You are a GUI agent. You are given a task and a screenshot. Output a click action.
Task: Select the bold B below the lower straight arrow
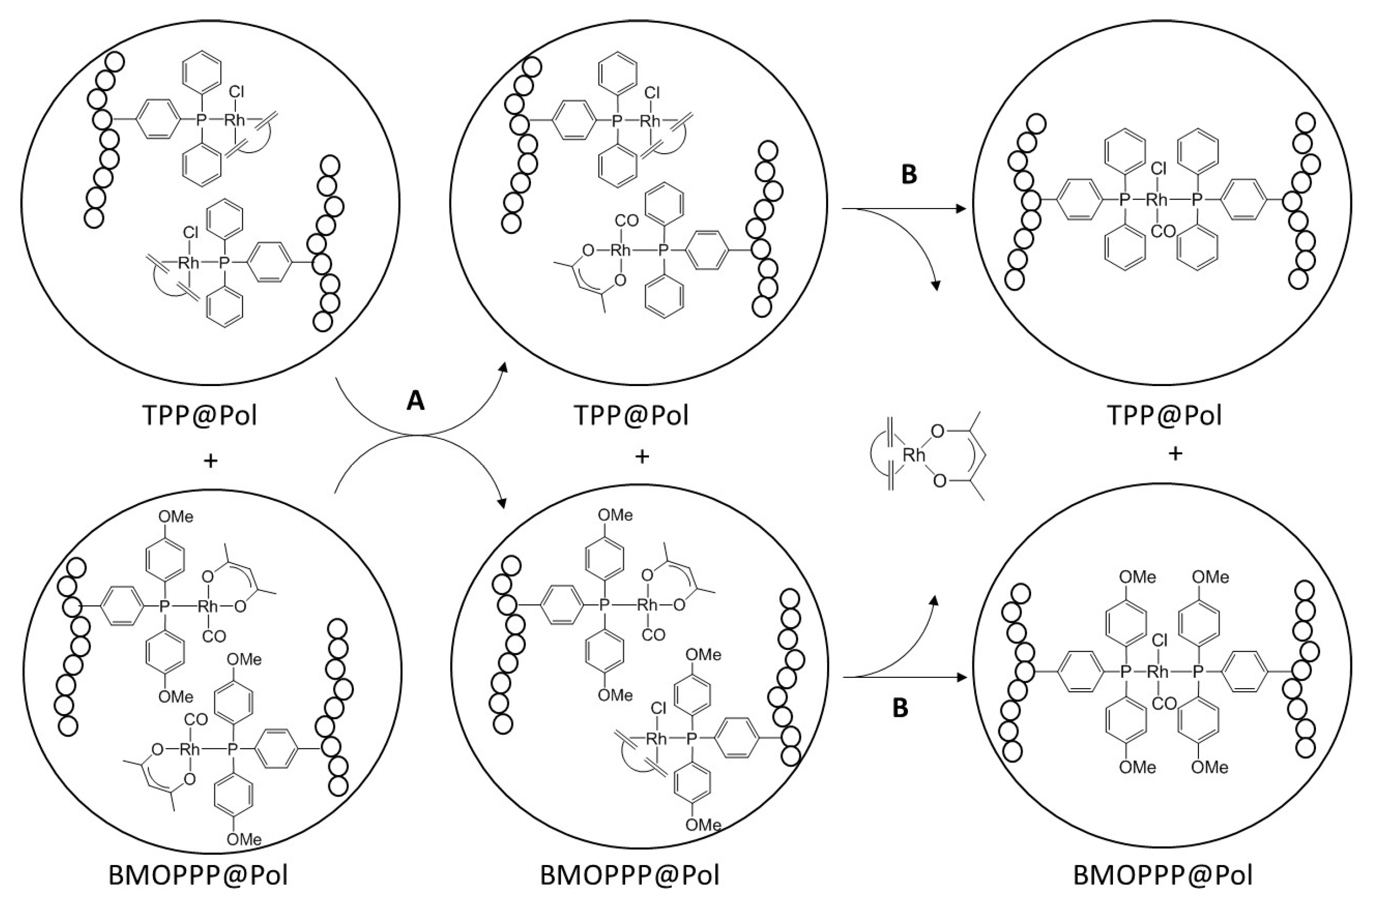coord(900,708)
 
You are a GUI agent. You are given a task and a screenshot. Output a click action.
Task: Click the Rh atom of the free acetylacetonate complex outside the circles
coord(914,455)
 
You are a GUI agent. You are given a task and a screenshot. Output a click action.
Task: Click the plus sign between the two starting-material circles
coord(212,460)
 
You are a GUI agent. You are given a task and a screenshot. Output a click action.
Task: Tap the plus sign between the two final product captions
coord(1175,454)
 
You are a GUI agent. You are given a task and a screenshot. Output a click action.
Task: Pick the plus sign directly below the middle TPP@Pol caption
coord(642,457)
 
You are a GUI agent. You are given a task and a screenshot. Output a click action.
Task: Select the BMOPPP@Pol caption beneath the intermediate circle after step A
coord(630,875)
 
